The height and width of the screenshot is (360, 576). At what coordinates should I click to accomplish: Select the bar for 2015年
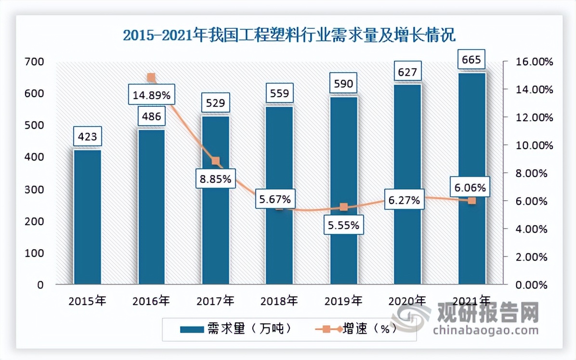pyautogui.click(x=87, y=217)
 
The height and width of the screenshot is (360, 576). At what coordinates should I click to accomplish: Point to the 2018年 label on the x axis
pyautogui.click(x=279, y=302)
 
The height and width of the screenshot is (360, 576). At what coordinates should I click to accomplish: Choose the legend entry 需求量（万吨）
pyautogui.click(x=236, y=329)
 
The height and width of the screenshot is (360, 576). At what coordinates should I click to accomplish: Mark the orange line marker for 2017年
pyautogui.click(x=216, y=161)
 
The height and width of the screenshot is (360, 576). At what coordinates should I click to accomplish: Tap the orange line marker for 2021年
pyautogui.click(x=472, y=201)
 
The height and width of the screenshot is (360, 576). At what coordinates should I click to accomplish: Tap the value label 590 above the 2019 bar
pyautogui.click(x=343, y=84)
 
